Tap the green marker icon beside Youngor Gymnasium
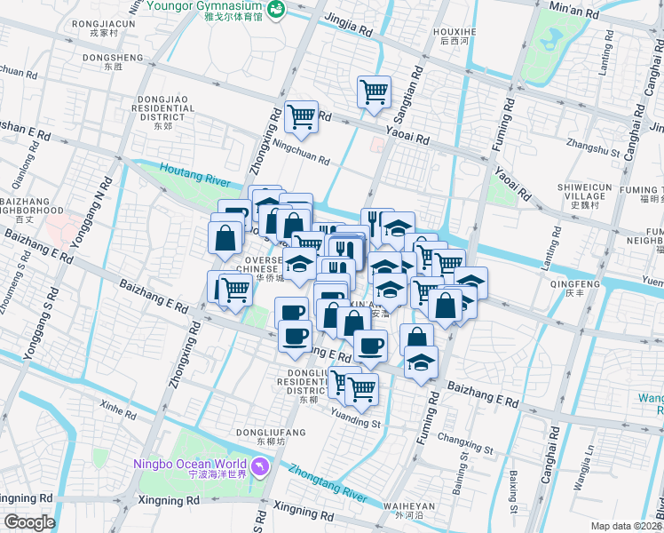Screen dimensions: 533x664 (x=277, y=9)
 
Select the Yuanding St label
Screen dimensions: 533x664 (x=354, y=411)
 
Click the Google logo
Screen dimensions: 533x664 (x=28, y=522)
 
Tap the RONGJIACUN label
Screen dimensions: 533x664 (x=104, y=24)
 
